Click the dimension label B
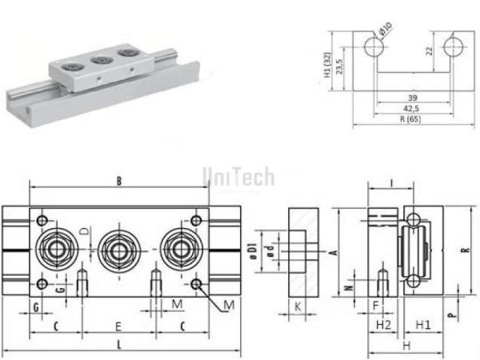click(x=118, y=182)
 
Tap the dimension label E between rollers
click(x=118, y=326)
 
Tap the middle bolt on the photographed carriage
click(x=101, y=59)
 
